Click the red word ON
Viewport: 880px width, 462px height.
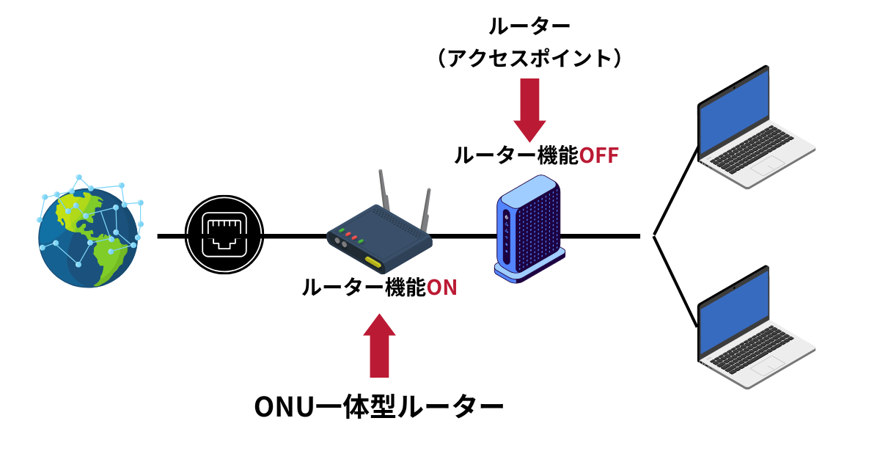(x=441, y=288)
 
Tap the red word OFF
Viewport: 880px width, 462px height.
(x=599, y=155)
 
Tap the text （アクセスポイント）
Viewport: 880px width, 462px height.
(x=529, y=59)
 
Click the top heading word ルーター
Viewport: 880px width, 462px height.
(x=529, y=27)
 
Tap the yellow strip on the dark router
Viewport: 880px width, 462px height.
(x=373, y=262)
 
